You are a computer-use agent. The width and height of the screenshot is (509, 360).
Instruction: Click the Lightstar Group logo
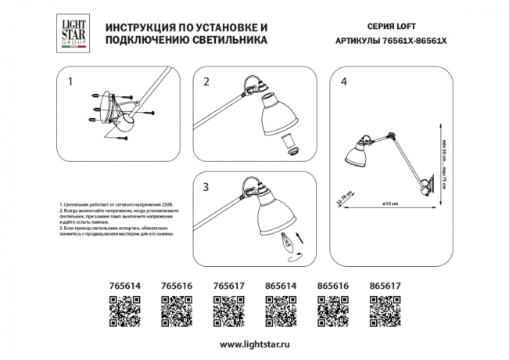pos(73,34)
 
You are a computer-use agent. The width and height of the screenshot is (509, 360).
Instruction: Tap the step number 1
pos(70,81)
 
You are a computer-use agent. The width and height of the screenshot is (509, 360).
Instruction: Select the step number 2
pos(206,81)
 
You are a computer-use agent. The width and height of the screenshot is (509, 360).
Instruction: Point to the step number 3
pos(206,187)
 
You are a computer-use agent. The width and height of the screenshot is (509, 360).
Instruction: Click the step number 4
pos(343,81)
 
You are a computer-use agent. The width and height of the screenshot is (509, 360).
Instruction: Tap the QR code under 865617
pos(385,314)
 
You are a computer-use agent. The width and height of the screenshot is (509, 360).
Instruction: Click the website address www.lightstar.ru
pos(253,344)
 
